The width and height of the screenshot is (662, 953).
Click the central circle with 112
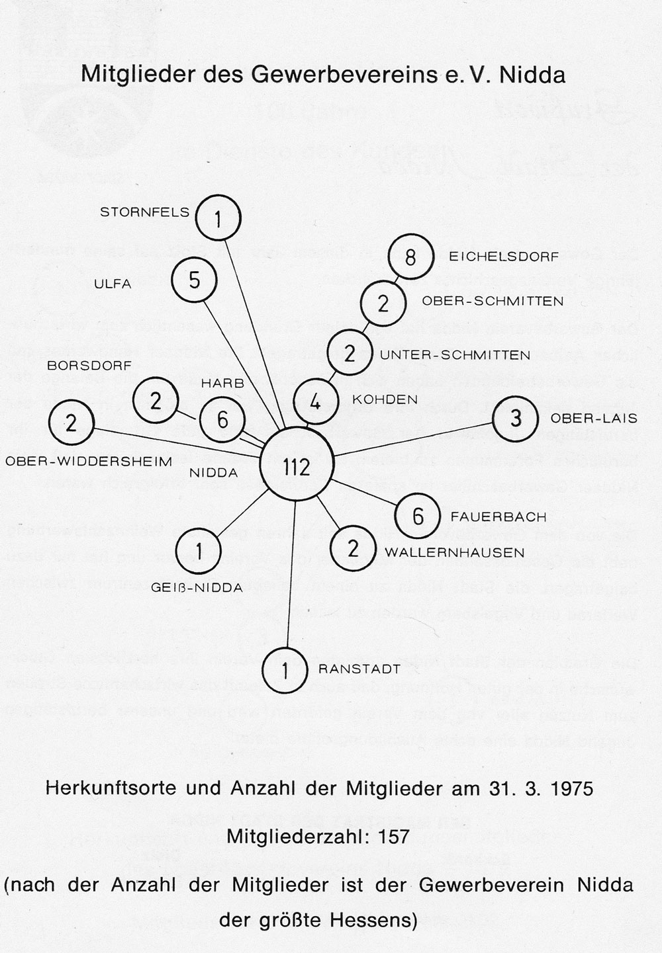click(296, 467)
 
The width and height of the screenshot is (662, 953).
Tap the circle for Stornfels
click(218, 219)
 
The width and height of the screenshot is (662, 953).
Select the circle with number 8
click(410, 257)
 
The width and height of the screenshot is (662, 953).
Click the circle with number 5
click(194, 280)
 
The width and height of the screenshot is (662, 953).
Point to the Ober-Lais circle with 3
click(516, 418)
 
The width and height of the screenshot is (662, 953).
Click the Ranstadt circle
click(285, 671)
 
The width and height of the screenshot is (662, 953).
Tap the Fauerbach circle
click(418, 516)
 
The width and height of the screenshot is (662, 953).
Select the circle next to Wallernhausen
click(353, 548)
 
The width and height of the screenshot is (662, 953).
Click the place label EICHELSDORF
click(504, 256)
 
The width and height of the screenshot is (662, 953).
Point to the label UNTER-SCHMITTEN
click(455, 355)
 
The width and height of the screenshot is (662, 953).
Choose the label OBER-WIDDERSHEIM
click(89, 461)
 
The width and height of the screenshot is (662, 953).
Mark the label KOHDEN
click(385, 399)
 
